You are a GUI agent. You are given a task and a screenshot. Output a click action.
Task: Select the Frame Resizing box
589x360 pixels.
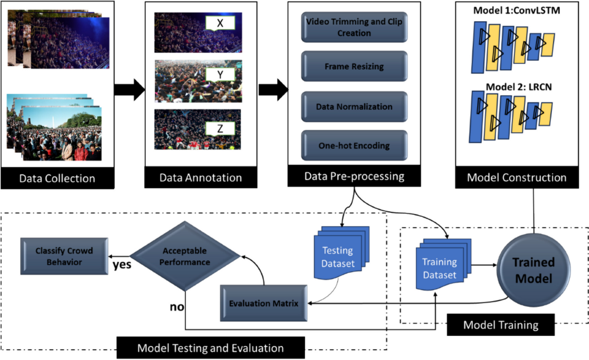point(354,66)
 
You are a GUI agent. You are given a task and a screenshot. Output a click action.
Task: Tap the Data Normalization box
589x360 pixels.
point(354,106)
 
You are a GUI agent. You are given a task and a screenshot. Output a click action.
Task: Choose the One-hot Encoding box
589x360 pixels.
point(354,146)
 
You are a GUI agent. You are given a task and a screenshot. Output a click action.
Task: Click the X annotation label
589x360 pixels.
point(220,24)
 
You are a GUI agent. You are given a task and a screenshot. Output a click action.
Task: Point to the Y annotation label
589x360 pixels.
point(220,74)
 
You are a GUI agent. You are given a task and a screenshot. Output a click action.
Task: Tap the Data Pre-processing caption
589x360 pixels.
point(354,175)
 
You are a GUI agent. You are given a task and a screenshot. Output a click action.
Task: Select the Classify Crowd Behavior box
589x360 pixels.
point(64,256)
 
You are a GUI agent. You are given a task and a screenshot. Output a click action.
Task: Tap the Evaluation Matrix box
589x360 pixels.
point(264,303)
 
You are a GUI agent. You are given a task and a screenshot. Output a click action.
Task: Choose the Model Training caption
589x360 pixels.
point(500,324)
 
